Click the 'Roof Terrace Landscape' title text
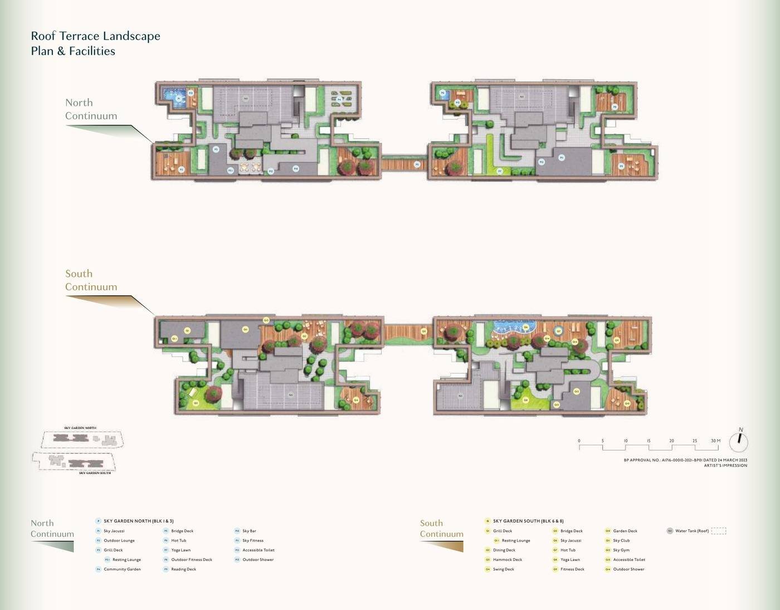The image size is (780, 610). (x=95, y=36)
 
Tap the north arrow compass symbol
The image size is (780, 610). (x=738, y=442)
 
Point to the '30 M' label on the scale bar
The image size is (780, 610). (x=715, y=441)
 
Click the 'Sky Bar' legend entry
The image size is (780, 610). (x=249, y=531)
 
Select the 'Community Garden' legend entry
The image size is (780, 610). (x=122, y=569)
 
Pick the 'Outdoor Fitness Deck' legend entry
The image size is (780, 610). (x=191, y=560)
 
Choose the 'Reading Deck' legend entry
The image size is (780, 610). (x=183, y=569)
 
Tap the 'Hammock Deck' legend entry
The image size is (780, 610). (x=507, y=560)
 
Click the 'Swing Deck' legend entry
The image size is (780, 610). (x=503, y=569)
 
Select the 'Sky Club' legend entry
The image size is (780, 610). (x=621, y=540)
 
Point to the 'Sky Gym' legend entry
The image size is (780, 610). (x=621, y=550)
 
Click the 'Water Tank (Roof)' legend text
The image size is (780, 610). (x=691, y=531)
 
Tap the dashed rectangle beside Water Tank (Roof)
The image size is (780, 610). (x=719, y=531)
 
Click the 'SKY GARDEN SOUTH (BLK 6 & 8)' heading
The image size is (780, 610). (x=528, y=521)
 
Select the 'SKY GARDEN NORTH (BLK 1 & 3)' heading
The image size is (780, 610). (x=138, y=521)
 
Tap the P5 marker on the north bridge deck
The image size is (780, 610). (x=417, y=164)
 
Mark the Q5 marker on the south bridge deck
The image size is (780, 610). (x=423, y=331)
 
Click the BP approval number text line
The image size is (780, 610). (x=685, y=460)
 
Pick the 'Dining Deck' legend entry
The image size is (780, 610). (x=504, y=550)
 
